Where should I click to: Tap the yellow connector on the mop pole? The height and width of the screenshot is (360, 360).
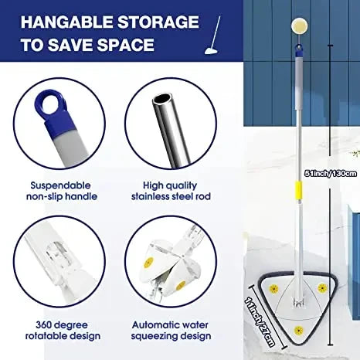click(x=296, y=191)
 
